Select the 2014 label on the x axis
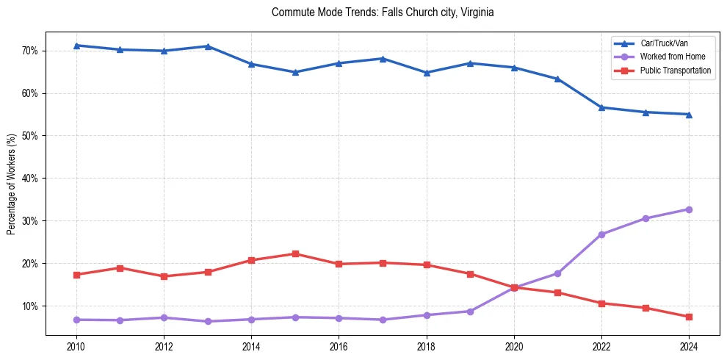click(x=251, y=347)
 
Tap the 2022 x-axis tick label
click(x=601, y=347)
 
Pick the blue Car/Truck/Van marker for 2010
click(x=76, y=46)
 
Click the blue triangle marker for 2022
click(x=601, y=107)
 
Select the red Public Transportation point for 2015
click(x=295, y=253)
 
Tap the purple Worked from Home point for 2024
click(x=689, y=209)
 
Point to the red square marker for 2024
click(x=689, y=317)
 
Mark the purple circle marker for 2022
click(x=601, y=234)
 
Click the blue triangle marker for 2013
click(x=208, y=46)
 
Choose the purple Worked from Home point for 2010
click(x=76, y=320)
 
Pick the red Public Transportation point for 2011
click(x=120, y=267)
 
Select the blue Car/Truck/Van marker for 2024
click(x=689, y=114)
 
